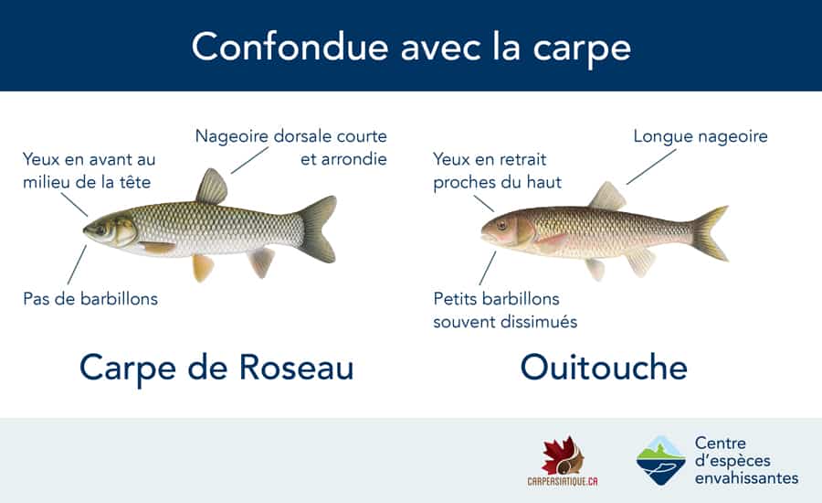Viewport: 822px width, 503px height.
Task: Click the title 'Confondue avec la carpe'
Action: pyautogui.click(x=410, y=47)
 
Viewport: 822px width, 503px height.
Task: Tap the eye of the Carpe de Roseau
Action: pyautogui.click(x=100, y=230)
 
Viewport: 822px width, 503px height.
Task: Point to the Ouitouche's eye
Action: pyautogui.click(x=502, y=225)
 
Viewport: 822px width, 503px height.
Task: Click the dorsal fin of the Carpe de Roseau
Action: pyautogui.click(x=212, y=188)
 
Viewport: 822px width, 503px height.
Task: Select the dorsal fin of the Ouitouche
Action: pyautogui.click(x=607, y=197)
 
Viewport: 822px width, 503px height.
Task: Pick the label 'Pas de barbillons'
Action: pyautogui.click(x=90, y=299)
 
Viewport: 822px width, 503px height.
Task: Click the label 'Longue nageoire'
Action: pyautogui.click(x=701, y=136)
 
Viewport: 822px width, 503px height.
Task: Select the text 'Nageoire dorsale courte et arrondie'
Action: pyautogui.click(x=291, y=146)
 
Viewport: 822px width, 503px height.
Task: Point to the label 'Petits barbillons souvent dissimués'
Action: pyautogui.click(x=505, y=309)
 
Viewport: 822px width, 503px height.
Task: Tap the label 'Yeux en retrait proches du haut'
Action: pyautogui.click(x=497, y=170)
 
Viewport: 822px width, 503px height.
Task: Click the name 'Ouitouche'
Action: pyautogui.click(x=604, y=367)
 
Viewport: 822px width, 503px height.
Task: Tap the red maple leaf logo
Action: pyautogui.click(x=563, y=455)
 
